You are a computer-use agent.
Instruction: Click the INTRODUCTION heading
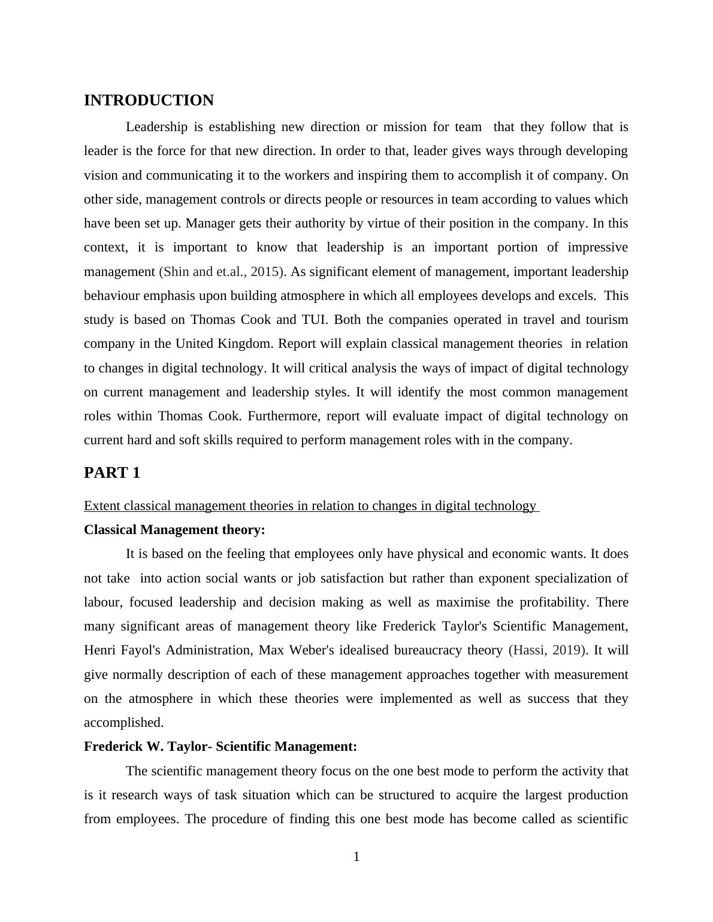click(149, 101)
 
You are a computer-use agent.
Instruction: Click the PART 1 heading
click(112, 473)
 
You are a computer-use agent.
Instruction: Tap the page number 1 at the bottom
click(356, 857)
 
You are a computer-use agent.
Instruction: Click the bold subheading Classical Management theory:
click(174, 530)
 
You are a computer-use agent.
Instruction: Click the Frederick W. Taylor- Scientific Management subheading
click(220, 747)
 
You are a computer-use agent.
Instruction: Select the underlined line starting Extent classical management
click(310, 506)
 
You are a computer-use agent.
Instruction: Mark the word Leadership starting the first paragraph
click(158, 127)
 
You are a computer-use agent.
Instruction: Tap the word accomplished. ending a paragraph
click(124, 723)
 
